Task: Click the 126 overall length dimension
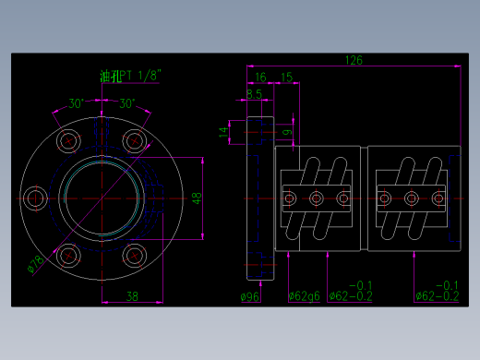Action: click(x=354, y=60)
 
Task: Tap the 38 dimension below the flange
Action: click(x=132, y=296)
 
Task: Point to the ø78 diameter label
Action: click(x=35, y=265)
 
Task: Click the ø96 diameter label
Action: click(x=249, y=296)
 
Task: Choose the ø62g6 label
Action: click(x=305, y=296)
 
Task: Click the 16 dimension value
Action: click(x=260, y=77)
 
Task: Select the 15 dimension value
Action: click(x=286, y=77)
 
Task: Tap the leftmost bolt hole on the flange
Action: click(x=36, y=198)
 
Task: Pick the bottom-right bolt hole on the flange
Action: click(x=135, y=255)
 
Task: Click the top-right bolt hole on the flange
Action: click(x=135, y=140)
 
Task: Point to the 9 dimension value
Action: click(x=287, y=133)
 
